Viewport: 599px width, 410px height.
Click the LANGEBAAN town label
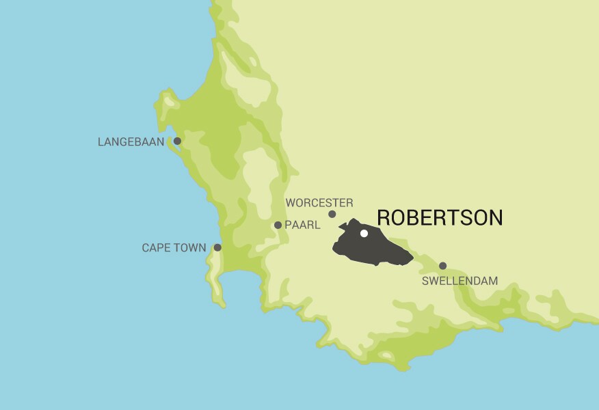(131, 142)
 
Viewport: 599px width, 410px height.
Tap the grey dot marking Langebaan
(177, 141)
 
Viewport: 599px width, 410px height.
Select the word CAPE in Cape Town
(157, 248)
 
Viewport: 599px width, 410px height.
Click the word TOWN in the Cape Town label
(190, 248)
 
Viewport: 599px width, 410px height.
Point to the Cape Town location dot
(217, 247)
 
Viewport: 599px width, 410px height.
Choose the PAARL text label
(302, 225)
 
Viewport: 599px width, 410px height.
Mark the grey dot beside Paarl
(278, 225)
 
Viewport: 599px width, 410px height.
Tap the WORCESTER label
(319, 203)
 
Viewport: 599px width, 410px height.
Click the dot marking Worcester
(332, 214)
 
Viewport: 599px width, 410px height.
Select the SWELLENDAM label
(460, 281)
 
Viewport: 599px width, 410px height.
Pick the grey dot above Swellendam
(442, 266)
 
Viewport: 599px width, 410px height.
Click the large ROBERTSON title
(440, 218)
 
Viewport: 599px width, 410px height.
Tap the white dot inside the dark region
(364, 233)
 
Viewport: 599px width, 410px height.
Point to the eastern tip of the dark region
(413, 258)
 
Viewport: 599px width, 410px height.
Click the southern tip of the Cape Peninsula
(222, 305)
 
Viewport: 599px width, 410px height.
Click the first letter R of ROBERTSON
(384, 218)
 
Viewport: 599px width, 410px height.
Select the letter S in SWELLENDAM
(425, 281)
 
